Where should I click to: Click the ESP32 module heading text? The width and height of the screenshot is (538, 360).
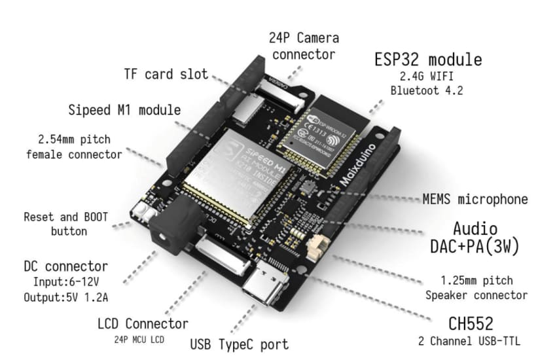click(428, 60)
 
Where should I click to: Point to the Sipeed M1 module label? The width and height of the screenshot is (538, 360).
click(124, 109)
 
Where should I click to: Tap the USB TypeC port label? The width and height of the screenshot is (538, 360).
click(238, 343)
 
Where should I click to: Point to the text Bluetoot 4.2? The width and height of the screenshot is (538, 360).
click(427, 90)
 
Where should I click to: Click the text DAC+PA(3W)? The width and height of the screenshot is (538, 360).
click(475, 247)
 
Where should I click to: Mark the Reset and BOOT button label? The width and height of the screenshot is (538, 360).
click(65, 223)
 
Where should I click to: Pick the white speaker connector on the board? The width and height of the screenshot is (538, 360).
click(318, 249)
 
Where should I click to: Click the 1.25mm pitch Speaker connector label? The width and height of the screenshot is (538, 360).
click(476, 288)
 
